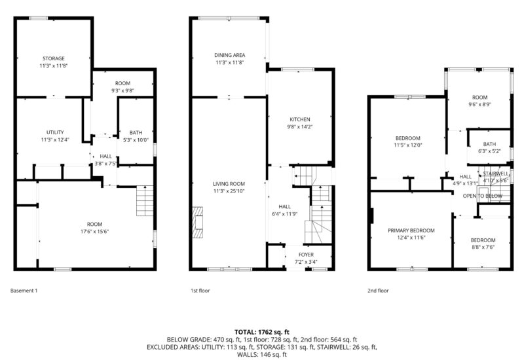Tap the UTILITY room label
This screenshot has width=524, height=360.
(x=54, y=132)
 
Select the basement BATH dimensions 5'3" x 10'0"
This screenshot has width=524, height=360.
(x=136, y=139)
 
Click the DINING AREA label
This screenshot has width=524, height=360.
(x=229, y=55)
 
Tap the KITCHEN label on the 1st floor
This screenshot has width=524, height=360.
(x=300, y=119)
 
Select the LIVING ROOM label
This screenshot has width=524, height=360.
(x=229, y=184)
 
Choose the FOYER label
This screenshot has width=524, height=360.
(x=306, y=254)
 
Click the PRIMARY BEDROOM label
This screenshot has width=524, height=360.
(x=411, y=230)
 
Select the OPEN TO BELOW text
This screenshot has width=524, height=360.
(x=482, y=196)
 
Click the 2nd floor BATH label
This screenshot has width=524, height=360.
(x=489, y=144)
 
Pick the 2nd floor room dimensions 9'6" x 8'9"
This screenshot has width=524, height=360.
(x=480, y=104)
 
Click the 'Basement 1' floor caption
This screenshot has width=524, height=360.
(x=24, y=291)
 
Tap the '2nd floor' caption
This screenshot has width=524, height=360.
(x=378, y=291)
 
